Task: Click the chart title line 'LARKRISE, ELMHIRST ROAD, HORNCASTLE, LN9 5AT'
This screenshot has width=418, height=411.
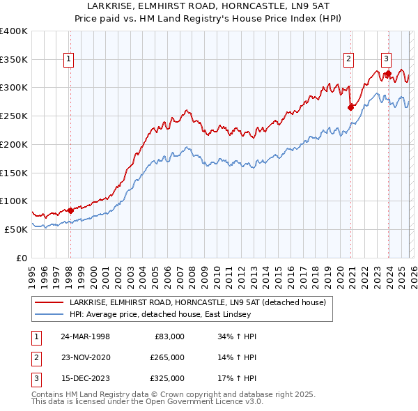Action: click(x=208, y=6)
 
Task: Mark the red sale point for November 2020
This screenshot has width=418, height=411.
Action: click(x=350, y=107)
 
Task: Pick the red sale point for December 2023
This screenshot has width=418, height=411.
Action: click(x=388, y=73)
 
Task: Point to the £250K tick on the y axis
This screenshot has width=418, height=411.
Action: click(x=14, y=116)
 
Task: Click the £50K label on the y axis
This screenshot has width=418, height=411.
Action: click(x=17, y=229)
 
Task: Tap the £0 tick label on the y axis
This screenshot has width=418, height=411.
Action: click(x=22, y=258)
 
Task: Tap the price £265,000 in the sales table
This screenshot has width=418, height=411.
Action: click(x=167, y=357)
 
